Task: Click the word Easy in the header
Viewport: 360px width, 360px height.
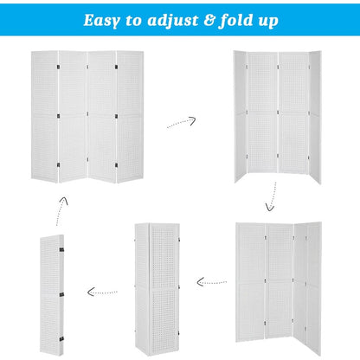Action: pos(103,19)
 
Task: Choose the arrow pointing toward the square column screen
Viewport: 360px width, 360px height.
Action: pos(211,281)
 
